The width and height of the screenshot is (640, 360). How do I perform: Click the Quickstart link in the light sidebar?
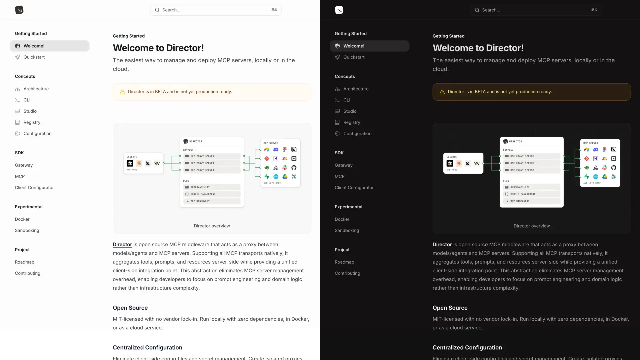(34, 57)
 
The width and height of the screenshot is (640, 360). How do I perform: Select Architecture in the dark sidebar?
(356, 89)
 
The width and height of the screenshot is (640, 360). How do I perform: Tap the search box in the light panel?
(216, 10)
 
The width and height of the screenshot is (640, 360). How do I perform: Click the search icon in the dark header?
(477, 10)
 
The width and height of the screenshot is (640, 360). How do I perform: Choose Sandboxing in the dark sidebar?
(347, 230)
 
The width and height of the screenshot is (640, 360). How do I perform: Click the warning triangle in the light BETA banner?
(122, 92)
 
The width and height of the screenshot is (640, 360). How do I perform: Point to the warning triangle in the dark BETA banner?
(442, 92)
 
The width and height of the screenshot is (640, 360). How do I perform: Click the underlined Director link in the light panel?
(122, 245)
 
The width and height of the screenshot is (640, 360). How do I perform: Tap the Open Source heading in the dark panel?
(450, 308)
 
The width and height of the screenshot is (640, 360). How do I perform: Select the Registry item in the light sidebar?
(32, 122)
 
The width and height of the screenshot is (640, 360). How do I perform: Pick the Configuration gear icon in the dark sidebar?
(337, 134)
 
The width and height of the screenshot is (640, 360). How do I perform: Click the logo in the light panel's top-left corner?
(19, 10)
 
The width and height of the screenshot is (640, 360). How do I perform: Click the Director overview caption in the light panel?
(212, 226)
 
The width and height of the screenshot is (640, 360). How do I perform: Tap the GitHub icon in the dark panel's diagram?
(614, 168)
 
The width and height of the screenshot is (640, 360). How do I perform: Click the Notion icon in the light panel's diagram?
(294, 150)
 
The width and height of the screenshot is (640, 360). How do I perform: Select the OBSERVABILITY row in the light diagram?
(212, 187)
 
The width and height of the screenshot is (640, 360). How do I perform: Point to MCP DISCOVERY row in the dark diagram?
(531, 201)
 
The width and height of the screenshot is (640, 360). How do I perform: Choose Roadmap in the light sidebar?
(24, 262)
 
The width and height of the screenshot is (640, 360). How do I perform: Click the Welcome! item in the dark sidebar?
(354, 46)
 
